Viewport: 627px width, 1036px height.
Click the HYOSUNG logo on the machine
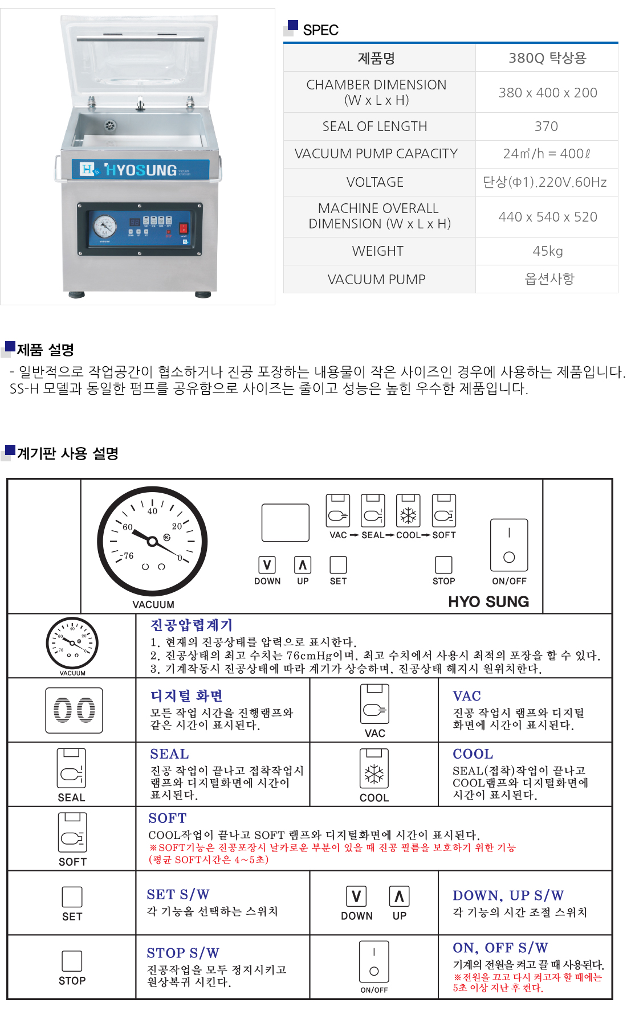(x=140, y=169)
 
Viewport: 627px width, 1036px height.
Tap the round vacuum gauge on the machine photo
(x=105, y=226)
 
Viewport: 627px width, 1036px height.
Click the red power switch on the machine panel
(x=184, y=228)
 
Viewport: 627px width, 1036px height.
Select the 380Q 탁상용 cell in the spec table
(x=547, y=58)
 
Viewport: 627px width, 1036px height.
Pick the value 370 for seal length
(x=546, y=126)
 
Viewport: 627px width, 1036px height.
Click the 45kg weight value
(x=548, y=251)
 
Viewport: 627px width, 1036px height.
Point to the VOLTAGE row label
(x=375, y=182)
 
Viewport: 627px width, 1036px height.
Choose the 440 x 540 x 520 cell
(x=548, y=217)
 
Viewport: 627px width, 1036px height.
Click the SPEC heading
(x=320, y=30)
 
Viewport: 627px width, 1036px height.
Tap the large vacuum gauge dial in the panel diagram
(x=152, y=541)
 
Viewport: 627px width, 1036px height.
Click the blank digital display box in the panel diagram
(x=286, y=522)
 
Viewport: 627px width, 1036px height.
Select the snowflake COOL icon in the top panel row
(x=408, y=511)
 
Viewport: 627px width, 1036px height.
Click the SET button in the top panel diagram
(x=338, y=565)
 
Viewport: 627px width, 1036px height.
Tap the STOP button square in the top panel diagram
(x=443, y=565)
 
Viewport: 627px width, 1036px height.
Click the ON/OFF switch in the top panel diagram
(x=509, y=545)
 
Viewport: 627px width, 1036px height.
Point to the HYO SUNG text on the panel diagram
(x=488, y=601)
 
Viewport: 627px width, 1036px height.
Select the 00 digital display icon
(x=74, y=710)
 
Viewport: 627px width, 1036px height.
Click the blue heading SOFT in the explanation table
(x=168, y=818)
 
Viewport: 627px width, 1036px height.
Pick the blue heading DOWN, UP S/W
(x=508, y=895)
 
